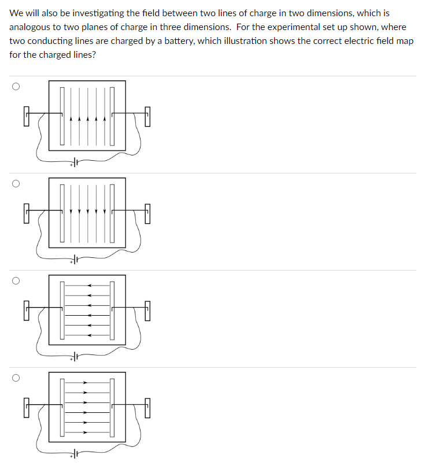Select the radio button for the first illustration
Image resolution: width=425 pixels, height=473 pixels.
(16, 87)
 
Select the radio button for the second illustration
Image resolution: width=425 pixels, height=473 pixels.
(16, 184)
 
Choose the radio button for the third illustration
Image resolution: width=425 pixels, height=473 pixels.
(16, 281)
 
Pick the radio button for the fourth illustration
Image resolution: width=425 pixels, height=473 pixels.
(16, 378)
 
